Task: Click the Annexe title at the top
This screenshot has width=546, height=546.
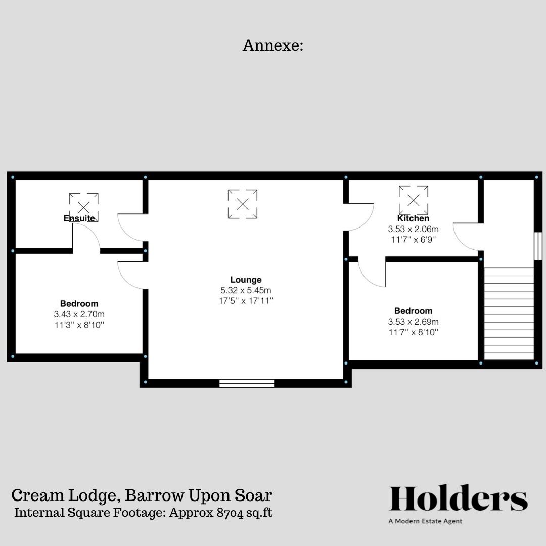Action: (272, 45)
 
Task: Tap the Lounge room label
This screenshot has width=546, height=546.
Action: (246, 280)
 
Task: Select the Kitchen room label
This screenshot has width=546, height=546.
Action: (413, 218)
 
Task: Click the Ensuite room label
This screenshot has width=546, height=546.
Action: (79, 218)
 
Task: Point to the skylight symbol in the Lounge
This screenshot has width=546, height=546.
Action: (243, 204)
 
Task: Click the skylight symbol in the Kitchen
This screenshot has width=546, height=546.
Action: (414, 200)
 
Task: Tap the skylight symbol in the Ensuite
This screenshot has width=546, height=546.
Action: (83, 207)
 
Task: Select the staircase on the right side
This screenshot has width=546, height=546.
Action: (509, 313)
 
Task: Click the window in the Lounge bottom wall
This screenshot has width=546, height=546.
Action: (247, 383)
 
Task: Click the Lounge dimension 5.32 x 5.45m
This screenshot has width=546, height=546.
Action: (246, 290)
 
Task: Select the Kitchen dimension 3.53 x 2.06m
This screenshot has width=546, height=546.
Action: (413, 229)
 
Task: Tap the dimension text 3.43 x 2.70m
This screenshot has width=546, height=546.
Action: (79, 314)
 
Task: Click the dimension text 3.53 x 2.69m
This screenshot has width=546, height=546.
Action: (413, 322)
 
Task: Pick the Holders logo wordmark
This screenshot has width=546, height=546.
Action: (458, 498)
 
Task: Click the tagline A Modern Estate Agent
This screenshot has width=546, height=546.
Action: (425, 521)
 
